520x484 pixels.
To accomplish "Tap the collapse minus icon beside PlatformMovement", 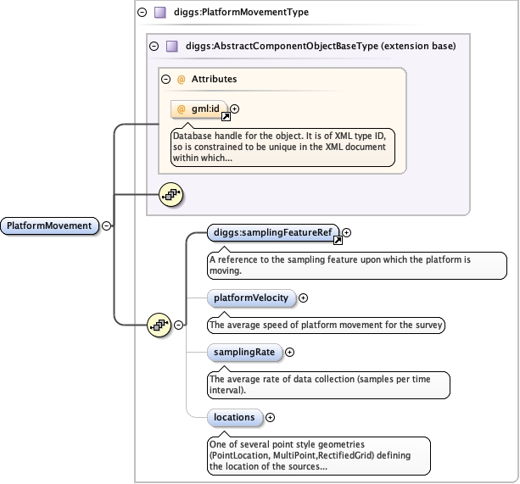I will point(107,225).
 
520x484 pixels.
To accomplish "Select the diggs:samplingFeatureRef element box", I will point(272,232).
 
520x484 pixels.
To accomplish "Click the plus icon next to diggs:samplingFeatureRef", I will point(346,232).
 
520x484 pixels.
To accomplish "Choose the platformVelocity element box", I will point(251,298).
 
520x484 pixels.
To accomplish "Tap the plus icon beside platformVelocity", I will point(304,298).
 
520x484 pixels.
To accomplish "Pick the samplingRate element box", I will point(243,352).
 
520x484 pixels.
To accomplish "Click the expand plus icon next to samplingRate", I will point(289,352).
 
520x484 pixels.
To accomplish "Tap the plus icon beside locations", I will point(271,417).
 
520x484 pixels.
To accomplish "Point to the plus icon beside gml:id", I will point(235,109).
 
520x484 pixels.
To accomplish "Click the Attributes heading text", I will point(214,79).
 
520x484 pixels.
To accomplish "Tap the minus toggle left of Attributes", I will point(166,79).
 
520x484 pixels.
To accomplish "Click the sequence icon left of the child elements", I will point(159,324).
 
